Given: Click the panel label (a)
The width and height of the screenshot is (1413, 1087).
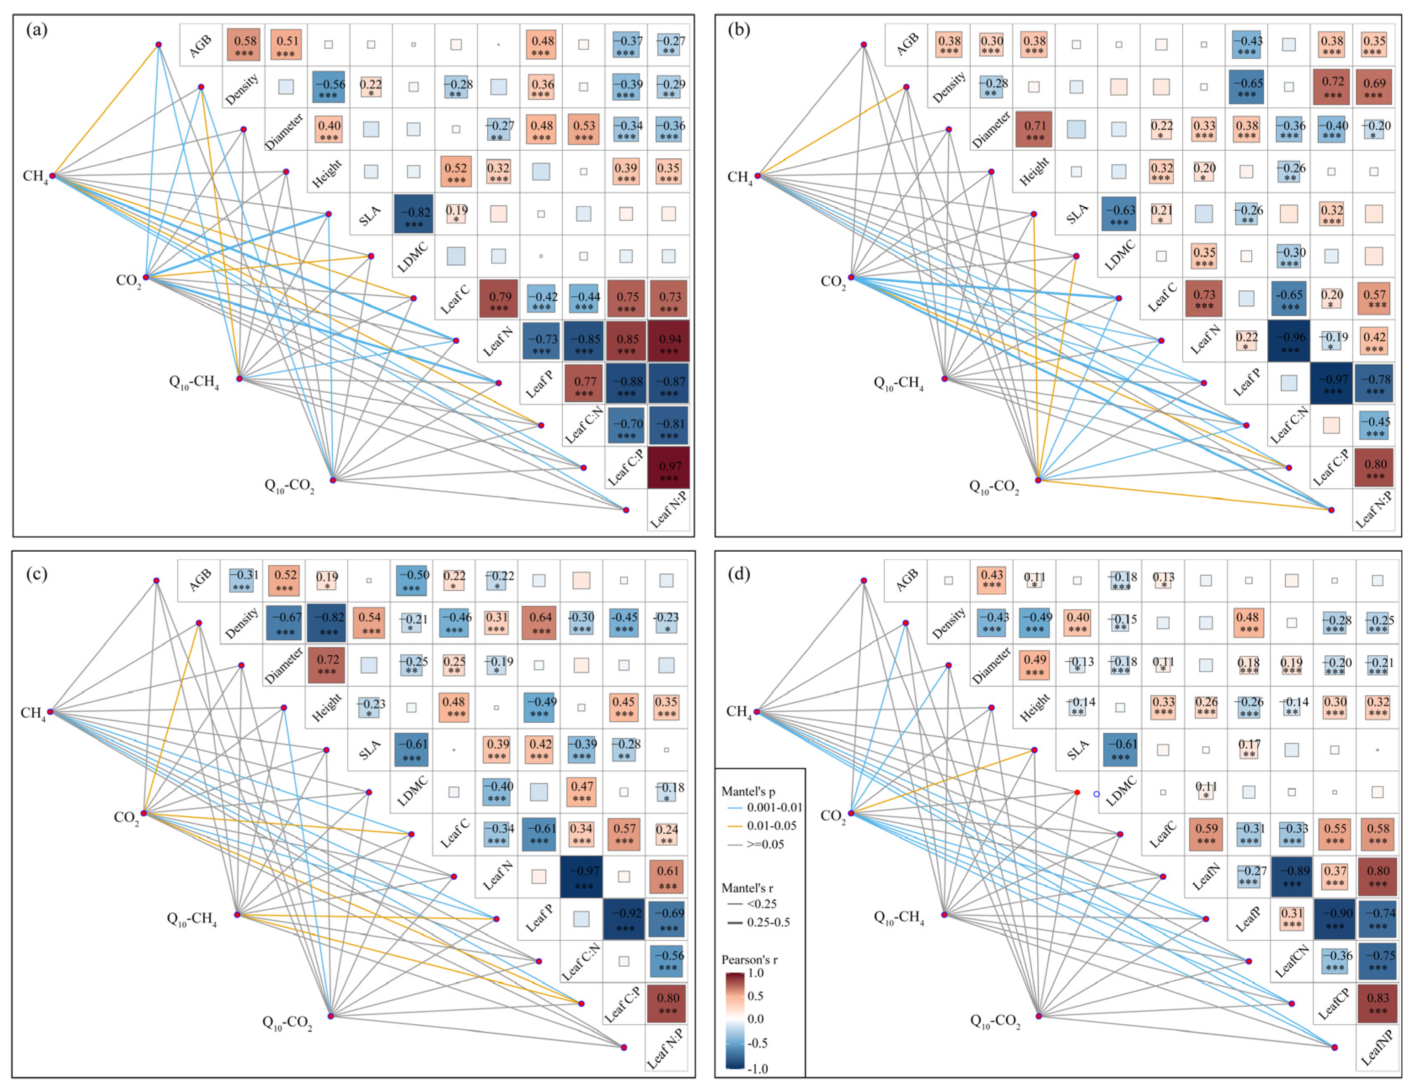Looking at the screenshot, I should point(37,30).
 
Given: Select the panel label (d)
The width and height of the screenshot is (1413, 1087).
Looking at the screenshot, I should point(740,574).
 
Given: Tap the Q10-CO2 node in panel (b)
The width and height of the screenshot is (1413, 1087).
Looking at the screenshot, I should point(1038,480).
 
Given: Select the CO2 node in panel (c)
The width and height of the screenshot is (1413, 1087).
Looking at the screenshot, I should point(144,813).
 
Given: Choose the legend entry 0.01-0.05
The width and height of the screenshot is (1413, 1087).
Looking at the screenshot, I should point(771,825).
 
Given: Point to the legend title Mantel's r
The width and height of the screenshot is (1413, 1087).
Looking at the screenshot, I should point(747,888).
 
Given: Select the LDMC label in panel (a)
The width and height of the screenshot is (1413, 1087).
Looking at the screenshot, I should point(414,257).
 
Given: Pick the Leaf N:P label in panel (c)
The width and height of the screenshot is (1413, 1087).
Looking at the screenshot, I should point(666,1048).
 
